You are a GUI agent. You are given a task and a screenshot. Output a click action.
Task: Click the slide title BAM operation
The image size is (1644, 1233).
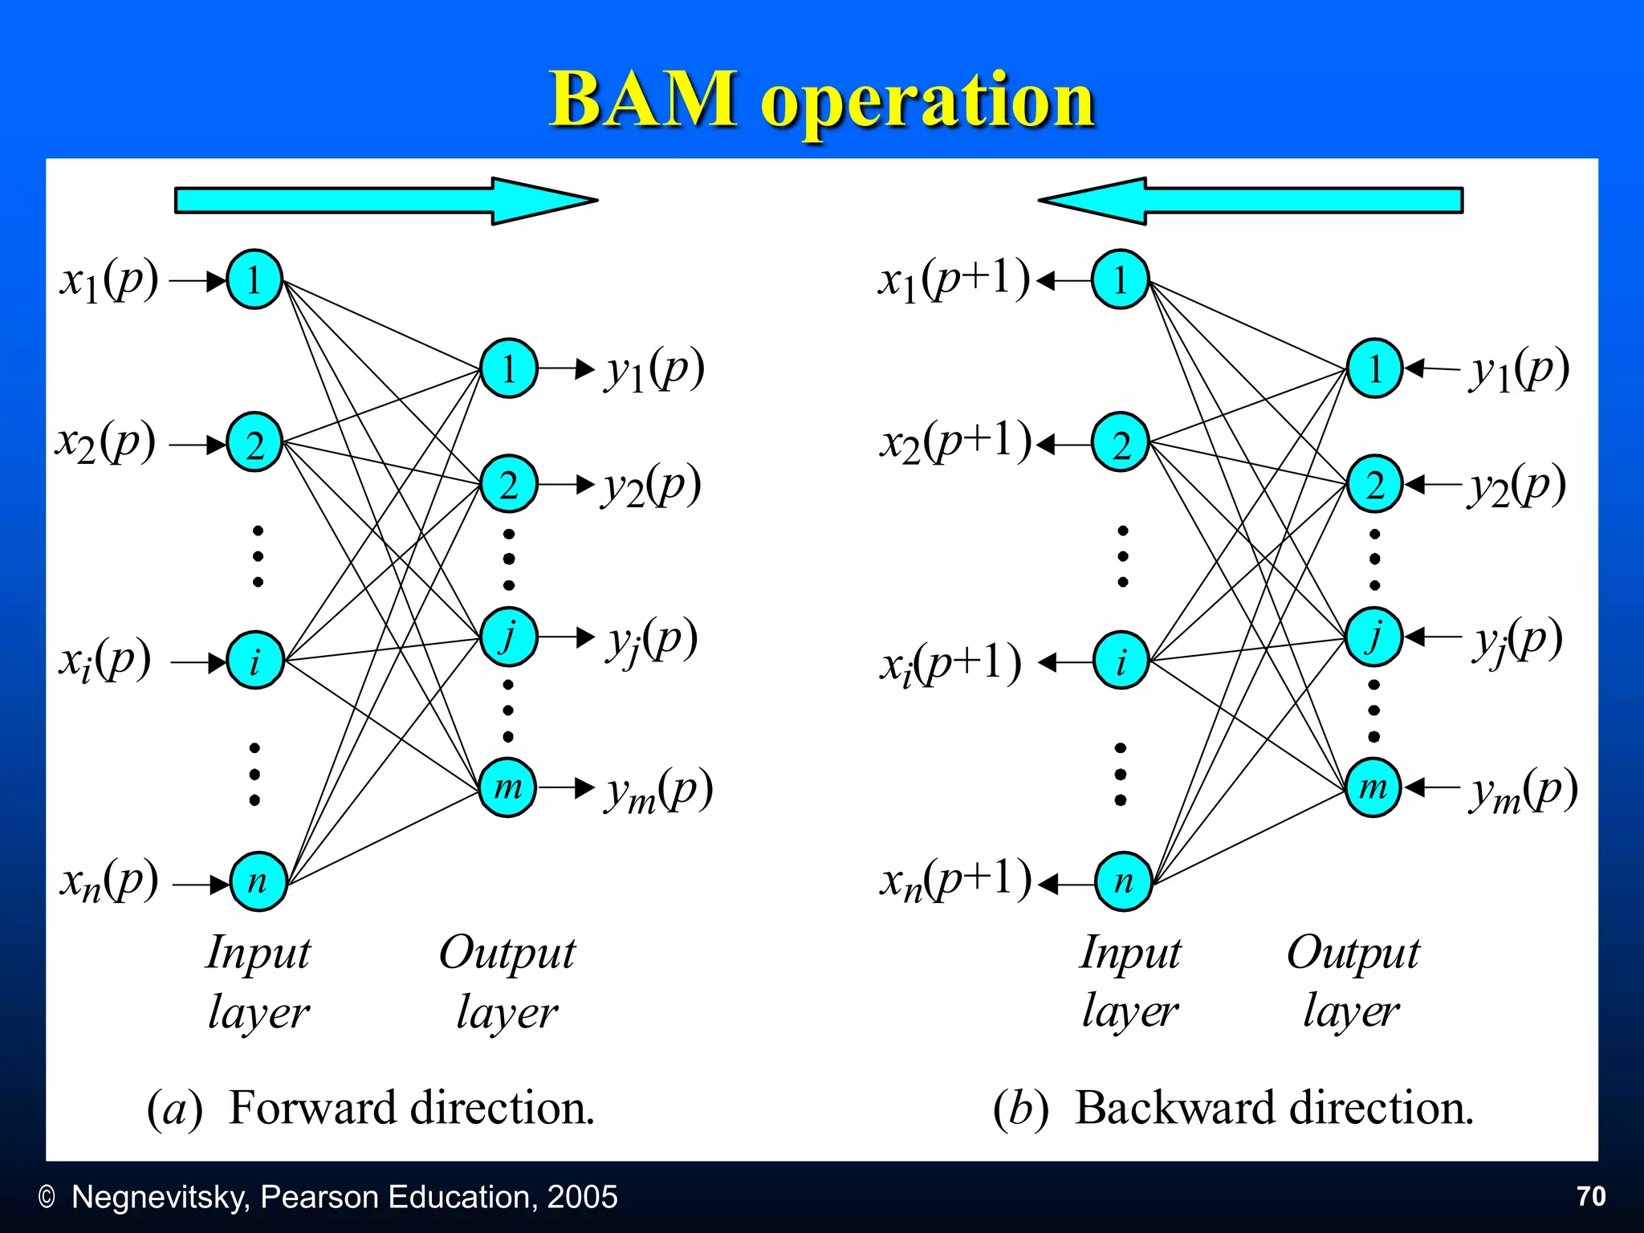click(x=822, y=100)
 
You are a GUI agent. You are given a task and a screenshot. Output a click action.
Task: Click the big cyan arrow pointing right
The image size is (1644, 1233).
click(x=385, y=201)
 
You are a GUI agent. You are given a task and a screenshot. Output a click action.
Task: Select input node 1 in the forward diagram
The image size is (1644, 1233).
click(x=254, y=280)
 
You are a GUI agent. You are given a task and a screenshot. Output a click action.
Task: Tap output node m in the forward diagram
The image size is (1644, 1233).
click(x=507, y=787)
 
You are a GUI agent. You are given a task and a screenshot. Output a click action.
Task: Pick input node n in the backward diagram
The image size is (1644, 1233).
click(x=1123, y=881)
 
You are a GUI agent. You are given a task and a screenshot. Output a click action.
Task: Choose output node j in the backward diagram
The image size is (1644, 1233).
click(x=1374, y=637)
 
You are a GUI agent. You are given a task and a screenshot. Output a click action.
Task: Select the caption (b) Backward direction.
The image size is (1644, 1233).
click(x=1233, y=1108)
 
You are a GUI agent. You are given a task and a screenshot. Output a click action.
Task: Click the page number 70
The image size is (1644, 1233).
click(x=1591, y=1196)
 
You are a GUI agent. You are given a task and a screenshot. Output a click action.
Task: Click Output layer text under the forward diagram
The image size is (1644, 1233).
click(x=507, y=981)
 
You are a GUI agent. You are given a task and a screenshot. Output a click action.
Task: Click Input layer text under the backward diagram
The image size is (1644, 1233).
click(x=1130, y=981)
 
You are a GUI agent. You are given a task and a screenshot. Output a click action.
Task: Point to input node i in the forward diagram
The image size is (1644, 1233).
click(x=255, y=661)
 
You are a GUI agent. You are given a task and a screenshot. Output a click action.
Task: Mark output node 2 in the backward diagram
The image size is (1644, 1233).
click(x=1374, y=484)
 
